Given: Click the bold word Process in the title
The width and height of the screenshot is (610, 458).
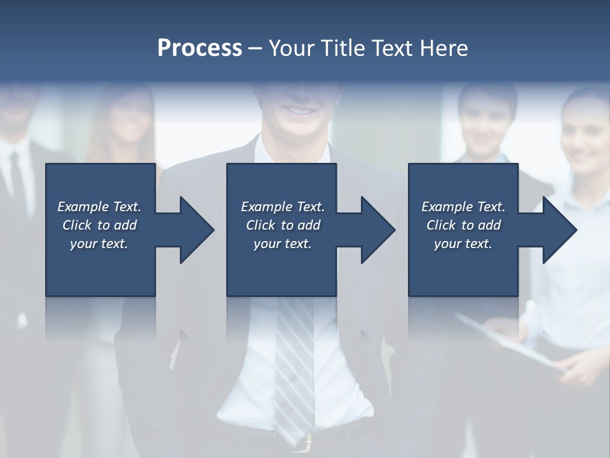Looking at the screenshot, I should point(200,48).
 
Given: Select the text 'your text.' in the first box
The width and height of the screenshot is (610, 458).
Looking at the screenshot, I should point(99,244).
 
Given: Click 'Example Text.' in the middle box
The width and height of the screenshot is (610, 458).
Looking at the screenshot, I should point(283,207).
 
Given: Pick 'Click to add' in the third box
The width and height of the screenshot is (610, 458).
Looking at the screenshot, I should point(463,225).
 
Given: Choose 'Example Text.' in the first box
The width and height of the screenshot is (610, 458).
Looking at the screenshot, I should point(99,207).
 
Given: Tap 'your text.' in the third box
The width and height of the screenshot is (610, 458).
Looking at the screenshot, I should point(463,244).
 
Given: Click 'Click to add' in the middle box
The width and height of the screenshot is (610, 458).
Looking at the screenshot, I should point(283,225).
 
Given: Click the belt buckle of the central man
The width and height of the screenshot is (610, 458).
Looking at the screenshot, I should point(308,440).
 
